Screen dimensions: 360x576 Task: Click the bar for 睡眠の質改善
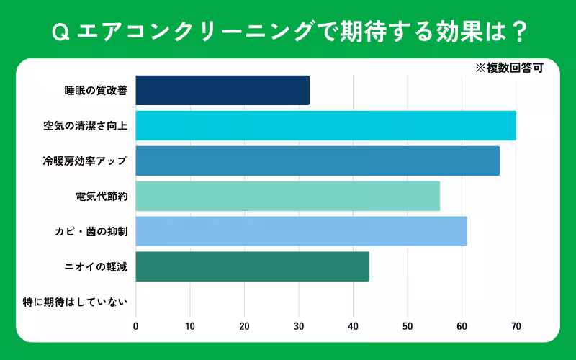[x=222, y=90]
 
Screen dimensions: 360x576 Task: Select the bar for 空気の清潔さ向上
[x=325, y=125]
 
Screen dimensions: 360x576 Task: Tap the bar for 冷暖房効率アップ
[x=318, y=161]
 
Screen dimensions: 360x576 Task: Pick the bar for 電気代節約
[x=287, y=196]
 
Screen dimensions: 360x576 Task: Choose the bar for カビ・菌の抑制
[x=301, y=231]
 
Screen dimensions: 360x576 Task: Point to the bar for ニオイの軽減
[x=252, y=266]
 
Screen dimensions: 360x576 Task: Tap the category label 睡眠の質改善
[x=96, y=91]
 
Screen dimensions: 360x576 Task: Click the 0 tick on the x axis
[x=136, y=326]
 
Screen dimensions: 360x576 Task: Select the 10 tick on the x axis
[x=190, y=326]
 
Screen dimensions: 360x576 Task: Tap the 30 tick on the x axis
[x=299, y=326]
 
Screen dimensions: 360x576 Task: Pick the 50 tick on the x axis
[x=408, y=326]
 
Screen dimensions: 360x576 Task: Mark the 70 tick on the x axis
[x=516, y=326]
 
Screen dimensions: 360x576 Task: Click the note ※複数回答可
[x=508, y=69]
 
